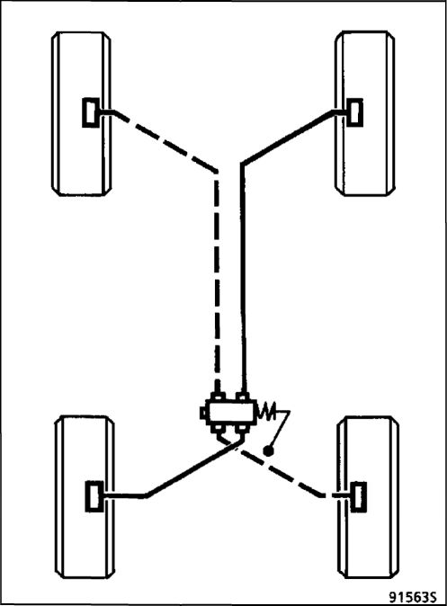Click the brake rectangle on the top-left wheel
91,112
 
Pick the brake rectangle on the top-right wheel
354,112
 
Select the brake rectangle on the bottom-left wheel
94,496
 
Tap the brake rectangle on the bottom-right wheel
358,496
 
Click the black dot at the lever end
268,450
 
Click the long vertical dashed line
217,282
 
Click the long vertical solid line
243,278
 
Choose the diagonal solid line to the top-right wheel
288,138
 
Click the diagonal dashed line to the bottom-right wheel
282,472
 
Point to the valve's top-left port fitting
218,397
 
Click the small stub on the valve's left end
203,413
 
